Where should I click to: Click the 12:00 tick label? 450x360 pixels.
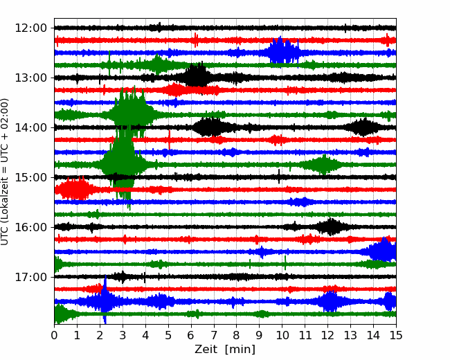30,28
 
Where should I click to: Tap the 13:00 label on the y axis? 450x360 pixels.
30,78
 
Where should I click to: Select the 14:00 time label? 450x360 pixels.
30,127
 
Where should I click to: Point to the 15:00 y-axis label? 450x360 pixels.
30,177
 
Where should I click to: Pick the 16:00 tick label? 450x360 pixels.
30,227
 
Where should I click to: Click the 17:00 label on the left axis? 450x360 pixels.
30,277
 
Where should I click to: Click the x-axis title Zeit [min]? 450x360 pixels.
225,350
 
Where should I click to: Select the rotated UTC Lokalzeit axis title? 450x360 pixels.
4,172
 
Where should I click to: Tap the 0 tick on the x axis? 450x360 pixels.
54,335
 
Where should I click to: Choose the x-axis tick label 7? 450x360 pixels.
214,335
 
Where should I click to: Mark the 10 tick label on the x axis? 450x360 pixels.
282,335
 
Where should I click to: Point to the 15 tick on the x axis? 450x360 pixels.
396,335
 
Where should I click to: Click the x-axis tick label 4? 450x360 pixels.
145,335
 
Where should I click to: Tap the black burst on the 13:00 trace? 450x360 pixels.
196,76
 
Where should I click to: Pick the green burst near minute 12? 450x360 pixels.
323,165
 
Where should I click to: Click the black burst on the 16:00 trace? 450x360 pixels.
331,227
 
